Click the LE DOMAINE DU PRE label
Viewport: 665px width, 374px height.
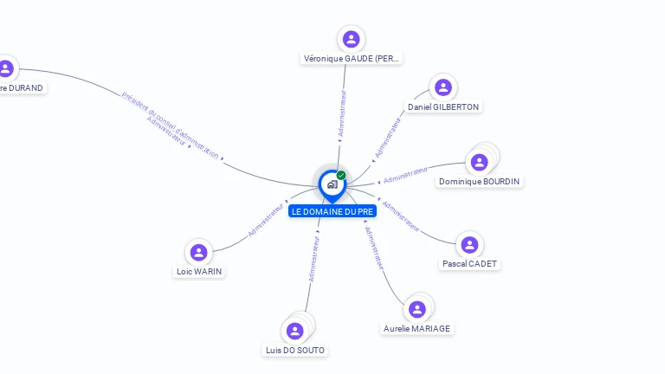pyautogui.click(x=332, y=211)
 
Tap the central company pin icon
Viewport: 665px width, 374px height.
pyautogui.click(x=332, y=184)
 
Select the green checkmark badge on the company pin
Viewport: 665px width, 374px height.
pyautogui.click(x=341, y=176)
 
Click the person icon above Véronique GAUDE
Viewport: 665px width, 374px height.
pyautogui.click(x=351, y=39)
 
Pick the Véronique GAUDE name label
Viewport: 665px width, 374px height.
pyautogui.click(x=352, y=59)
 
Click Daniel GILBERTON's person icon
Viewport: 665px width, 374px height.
pyautogui.click(x=443, y=87)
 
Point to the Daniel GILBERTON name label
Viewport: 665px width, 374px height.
pyautogui.click(x=443, y=107)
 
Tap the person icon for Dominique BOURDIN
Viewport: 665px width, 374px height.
pyautogui.click(x=479, y=162)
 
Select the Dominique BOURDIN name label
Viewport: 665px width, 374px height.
pyautogui.click(x=481, y=182)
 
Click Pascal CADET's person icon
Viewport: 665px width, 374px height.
pyautogui.click(x=469, y=245)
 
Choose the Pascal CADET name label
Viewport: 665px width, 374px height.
pyautogui.click(x=470, y=264)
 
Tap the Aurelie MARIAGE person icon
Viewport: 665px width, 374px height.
pyautogui.click(x=417, y=309)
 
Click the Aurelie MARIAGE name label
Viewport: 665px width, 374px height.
pyautogui.click(x=417, y=329)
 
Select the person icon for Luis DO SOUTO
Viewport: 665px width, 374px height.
pyautogui.click(x=294, y=331)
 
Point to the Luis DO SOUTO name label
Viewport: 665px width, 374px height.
pyautogui.click(x=296, y=351)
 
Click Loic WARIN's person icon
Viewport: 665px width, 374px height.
pyautogui.click(x=198, y=252)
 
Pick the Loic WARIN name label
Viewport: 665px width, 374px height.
pyautogui.click(x=199, y=272)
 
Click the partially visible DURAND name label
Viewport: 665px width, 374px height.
pyautogui.click(x=21, y=87)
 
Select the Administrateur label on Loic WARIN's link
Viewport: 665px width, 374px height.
pyautogui.click(x=266, y=220)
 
